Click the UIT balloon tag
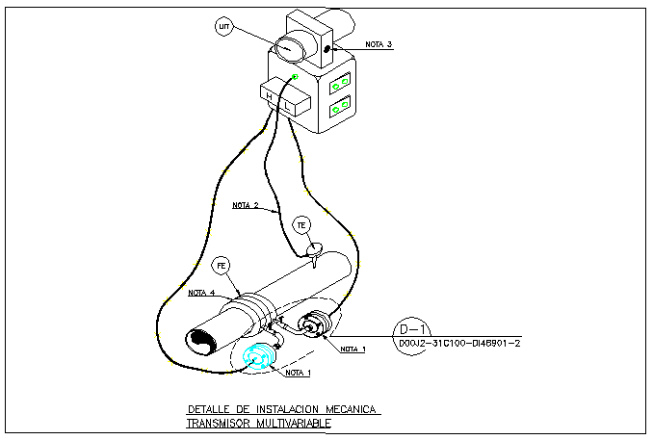(x=224, y=27)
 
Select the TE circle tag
(x=301, y=225)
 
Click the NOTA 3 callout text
(x=378, y=44)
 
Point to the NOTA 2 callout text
(x=246, y=203)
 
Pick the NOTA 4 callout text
(x=201, y=293)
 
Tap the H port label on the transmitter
(x=268, y=94)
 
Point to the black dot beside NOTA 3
(x=327, y=49)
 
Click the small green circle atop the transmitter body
(x=296, y=76)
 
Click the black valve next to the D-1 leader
(x=313, y=327)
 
